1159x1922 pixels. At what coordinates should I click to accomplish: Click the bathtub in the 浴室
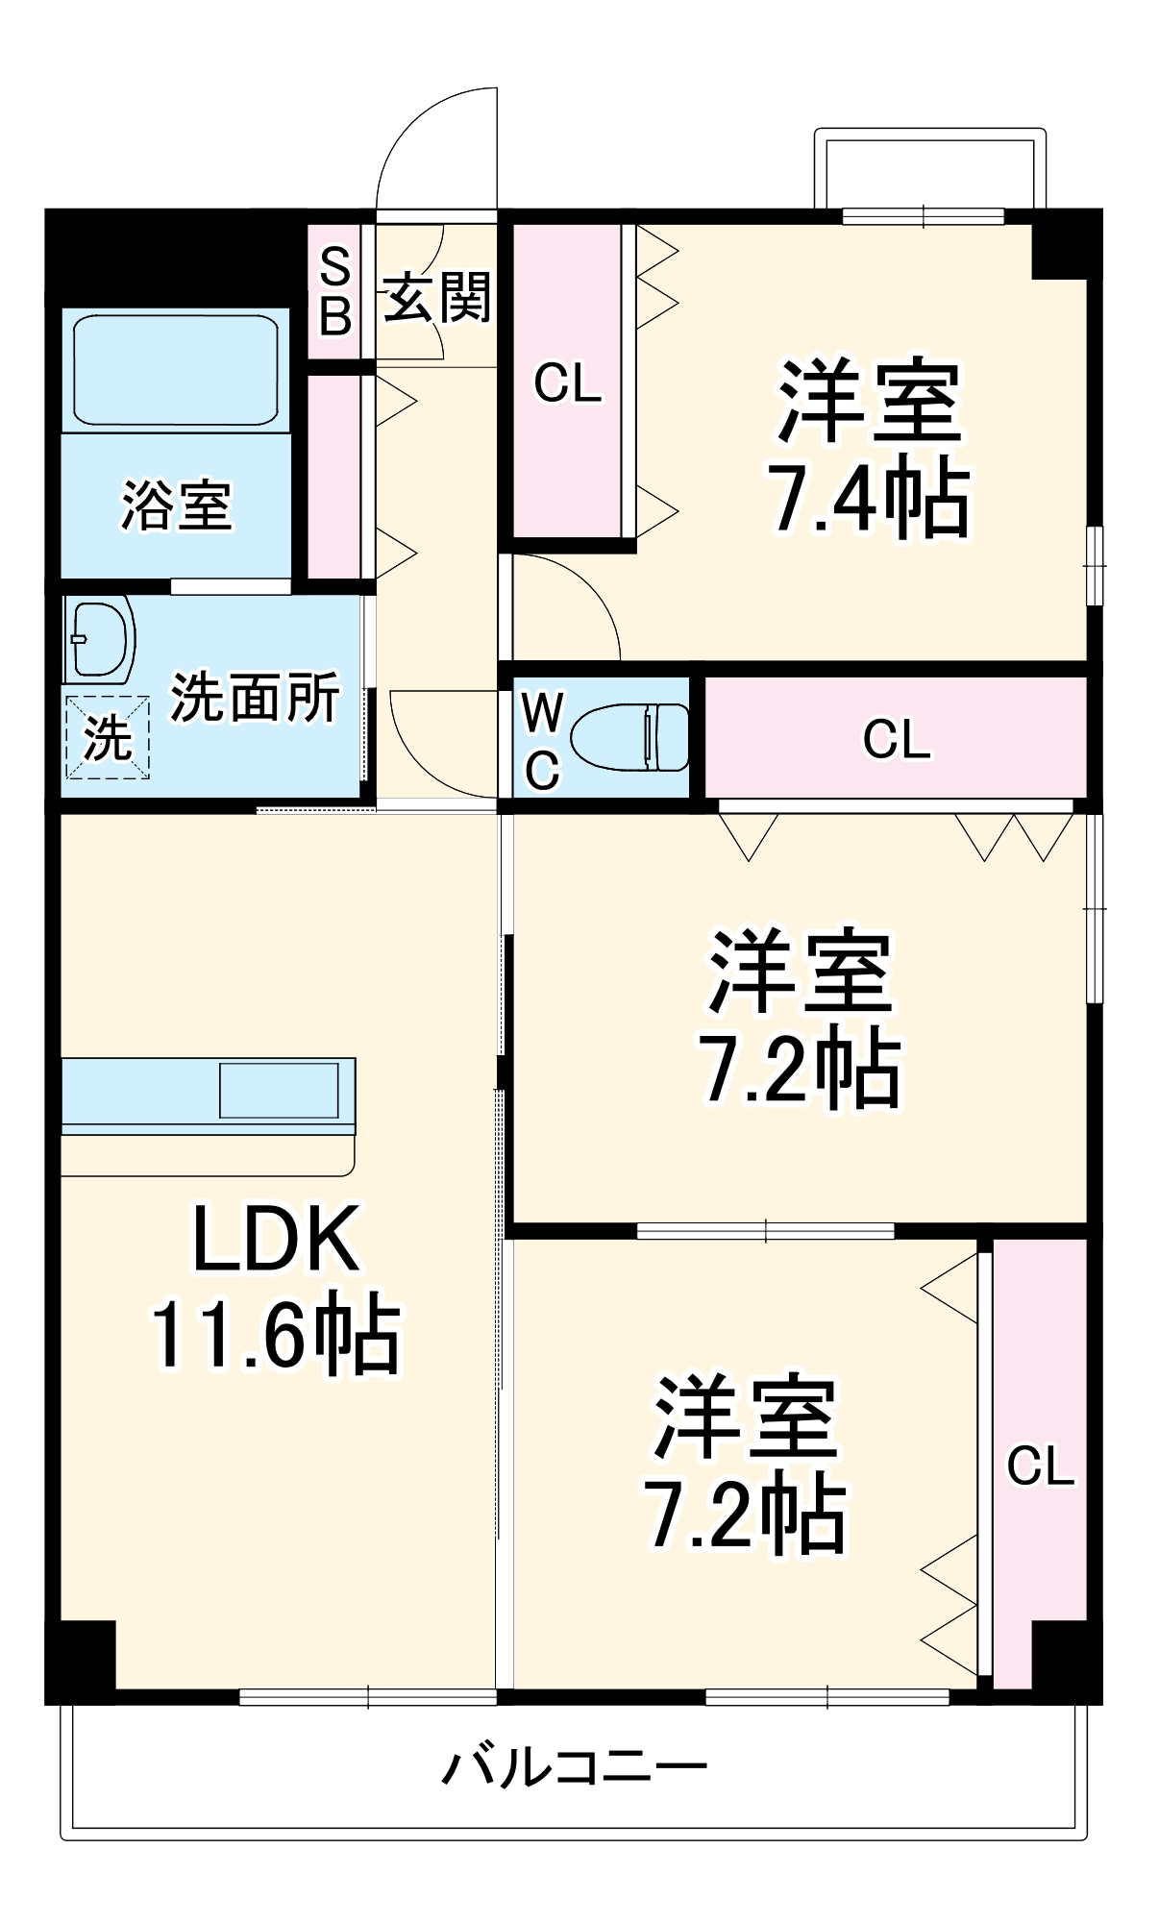coord(176,369)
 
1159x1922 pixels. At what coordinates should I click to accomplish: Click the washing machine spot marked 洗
coord(107,737)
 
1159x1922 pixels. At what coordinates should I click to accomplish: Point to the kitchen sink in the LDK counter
coord(279,1090)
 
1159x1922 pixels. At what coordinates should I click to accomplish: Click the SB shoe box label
coord(334,291)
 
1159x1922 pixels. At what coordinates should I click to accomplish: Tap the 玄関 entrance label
coord(437,297)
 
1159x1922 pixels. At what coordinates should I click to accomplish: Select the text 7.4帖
coord(870,499)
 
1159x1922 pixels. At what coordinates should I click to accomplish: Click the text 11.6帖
coord(276,1334)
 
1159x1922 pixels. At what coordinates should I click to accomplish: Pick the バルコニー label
coord(574,1767)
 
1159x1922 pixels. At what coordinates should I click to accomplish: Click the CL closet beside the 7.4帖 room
coord(567,382)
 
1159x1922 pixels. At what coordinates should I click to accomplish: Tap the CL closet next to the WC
coord(896,738)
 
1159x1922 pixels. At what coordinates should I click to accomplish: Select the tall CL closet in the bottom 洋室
coord(1039,1466)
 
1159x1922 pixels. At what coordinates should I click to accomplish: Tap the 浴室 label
coord(176,505)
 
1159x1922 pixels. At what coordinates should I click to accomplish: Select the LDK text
coord(276,1240)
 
